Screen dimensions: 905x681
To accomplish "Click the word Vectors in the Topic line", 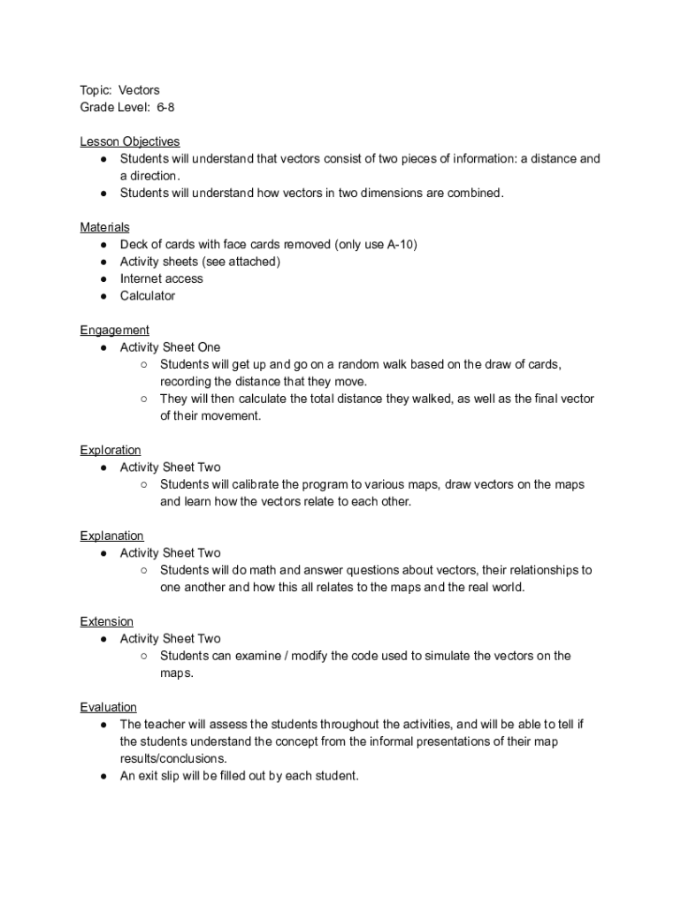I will pos(140,90).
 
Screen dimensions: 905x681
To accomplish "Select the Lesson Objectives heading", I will pos(129,141).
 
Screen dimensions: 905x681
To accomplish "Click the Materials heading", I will pos(104,227).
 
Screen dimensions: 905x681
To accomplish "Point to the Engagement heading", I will pos(114,330).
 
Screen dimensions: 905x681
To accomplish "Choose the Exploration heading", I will pos(110,450).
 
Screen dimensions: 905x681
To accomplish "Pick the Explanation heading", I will pos(111,536).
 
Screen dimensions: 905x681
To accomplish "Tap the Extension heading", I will pos(106,621).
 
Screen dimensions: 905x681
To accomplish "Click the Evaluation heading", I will pos(108,707).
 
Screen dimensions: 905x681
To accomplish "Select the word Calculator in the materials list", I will pos(148,296).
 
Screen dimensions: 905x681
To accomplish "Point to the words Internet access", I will pos(161,278).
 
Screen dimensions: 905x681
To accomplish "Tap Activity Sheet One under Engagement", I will pos(170,347).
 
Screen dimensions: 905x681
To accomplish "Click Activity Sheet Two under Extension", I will pos(170,638).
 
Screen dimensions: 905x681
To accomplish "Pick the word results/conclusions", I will pos(173,758).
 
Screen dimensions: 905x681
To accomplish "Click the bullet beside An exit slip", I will pos(103,776).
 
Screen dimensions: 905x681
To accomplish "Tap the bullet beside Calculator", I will pos(103,296).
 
